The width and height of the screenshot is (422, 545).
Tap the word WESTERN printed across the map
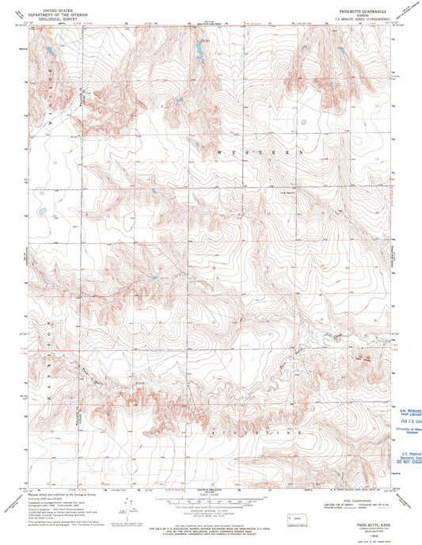pos(266,151)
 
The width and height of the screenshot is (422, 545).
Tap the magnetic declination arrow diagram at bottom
pos(116,509)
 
